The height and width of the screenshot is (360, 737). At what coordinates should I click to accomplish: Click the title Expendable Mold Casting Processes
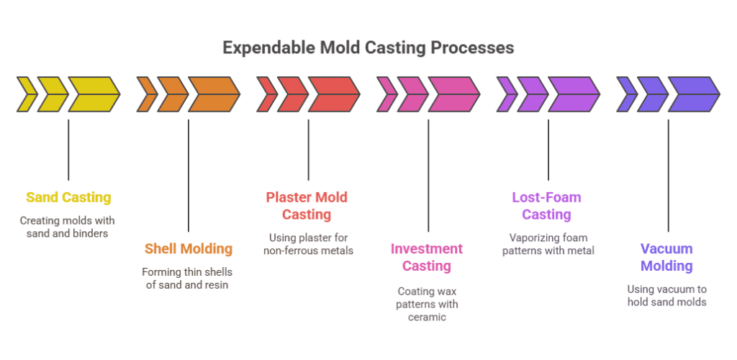tap(368, 48)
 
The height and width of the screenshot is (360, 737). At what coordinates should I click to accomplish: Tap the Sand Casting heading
tap(68, 197)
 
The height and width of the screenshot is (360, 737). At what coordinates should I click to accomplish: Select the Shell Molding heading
tap(189, 248)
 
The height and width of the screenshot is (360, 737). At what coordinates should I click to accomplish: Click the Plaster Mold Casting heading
tap(307, 206)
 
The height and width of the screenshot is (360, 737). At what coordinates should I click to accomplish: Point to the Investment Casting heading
tap(427, 257)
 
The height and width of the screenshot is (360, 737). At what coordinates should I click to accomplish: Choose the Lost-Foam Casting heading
tap(547, 206)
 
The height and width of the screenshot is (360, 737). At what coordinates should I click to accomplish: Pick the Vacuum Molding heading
tap(666, 257)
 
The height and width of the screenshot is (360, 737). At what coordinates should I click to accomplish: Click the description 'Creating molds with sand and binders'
tap(67, 227)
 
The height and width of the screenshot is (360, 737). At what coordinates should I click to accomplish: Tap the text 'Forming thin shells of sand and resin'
tap(187, 278)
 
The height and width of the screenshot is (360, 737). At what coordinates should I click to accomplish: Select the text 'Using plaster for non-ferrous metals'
tap(308, 244)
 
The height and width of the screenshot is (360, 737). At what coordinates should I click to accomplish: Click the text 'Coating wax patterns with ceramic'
tap(427, 304)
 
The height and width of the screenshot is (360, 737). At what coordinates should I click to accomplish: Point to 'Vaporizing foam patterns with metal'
tap(548, 244)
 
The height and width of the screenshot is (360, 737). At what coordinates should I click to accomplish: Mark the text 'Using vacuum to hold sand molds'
tap(667, 295)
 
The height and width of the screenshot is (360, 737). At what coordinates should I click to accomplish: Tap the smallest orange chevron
tap(147, 94)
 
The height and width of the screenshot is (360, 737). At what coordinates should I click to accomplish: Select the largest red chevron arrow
tap(334, 94)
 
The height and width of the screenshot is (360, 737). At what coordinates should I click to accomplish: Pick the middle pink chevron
tap(412, 94)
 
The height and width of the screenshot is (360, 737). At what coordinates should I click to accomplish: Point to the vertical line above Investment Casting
tap(428, 175)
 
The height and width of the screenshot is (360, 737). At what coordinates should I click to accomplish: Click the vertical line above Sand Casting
tap(68, 150)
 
